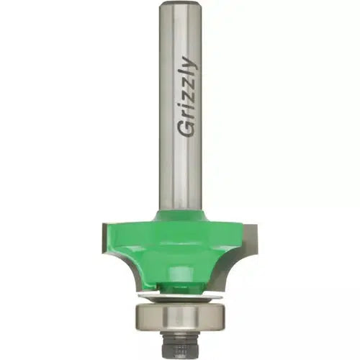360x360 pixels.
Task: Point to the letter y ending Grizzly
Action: [190, 63]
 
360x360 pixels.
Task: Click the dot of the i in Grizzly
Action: [180, 112]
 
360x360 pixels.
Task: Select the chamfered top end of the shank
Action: [181, 4]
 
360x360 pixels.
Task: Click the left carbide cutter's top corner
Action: [103, 224]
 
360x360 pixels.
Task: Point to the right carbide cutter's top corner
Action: [257, 224]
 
